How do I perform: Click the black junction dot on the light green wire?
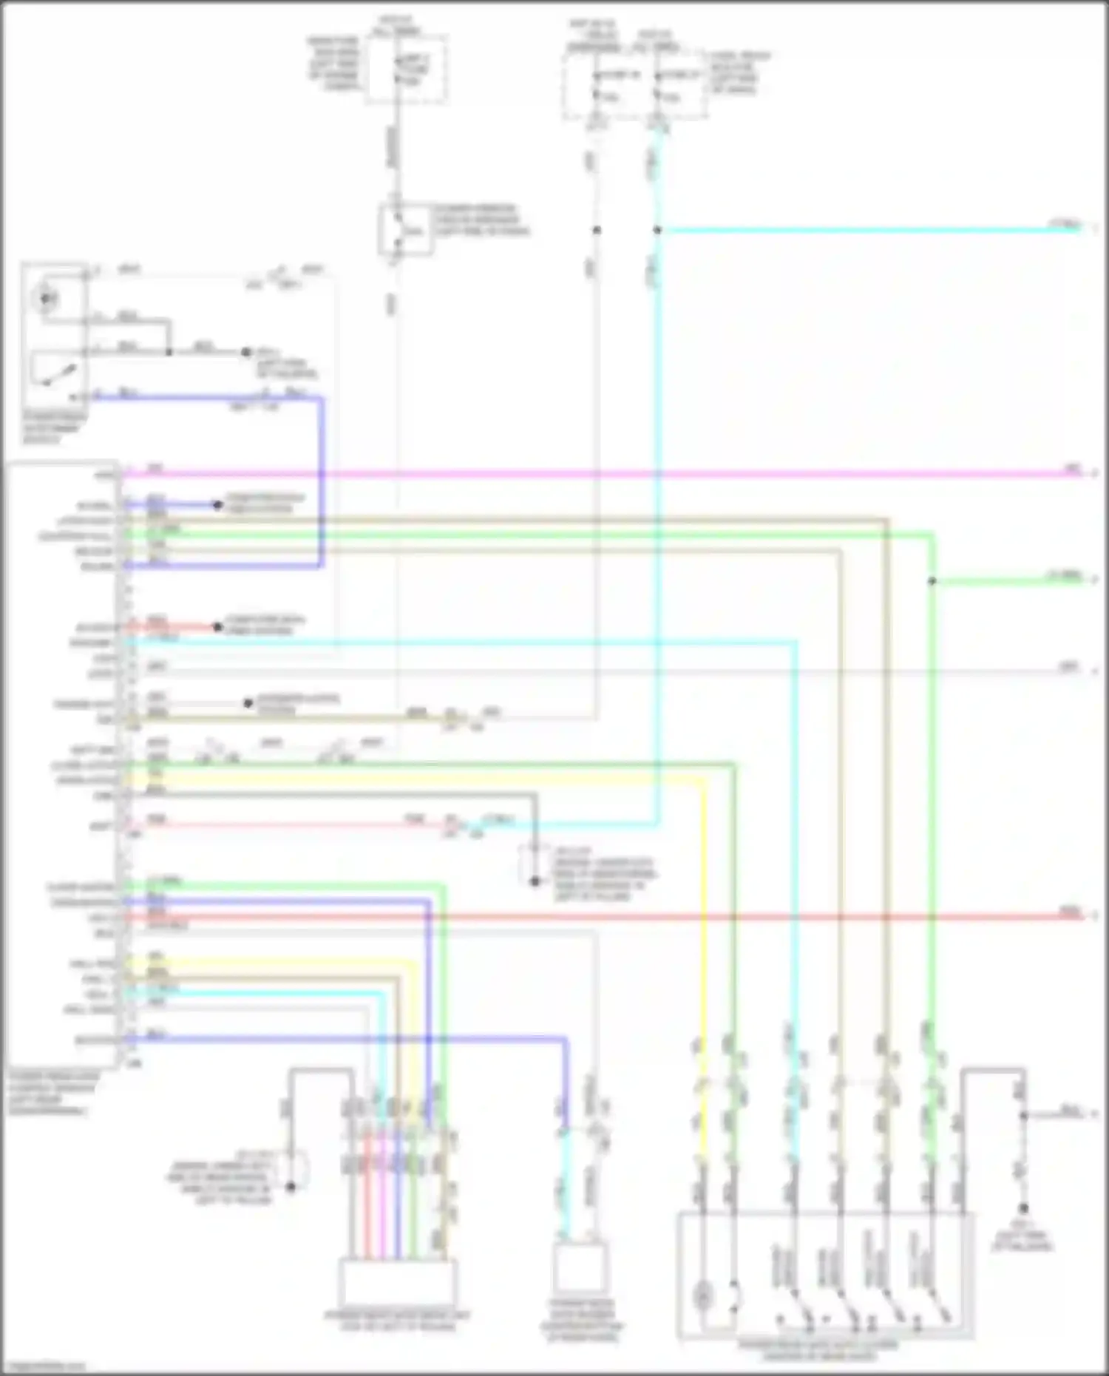[932, 581]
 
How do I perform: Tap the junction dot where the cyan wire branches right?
[657, 230]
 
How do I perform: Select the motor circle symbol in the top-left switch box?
[46, 299]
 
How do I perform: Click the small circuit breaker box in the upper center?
[405, 229]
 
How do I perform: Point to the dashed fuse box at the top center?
[407, 70]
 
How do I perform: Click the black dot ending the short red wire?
[217, 627]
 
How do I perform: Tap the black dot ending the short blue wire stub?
[217, 505]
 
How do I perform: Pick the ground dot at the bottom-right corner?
[1023, 1208]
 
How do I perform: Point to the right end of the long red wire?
[1081, 917]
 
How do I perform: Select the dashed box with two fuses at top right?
[634, 85]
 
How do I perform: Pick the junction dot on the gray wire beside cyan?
[597, 230]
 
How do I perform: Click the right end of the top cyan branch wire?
[1081, 229]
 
